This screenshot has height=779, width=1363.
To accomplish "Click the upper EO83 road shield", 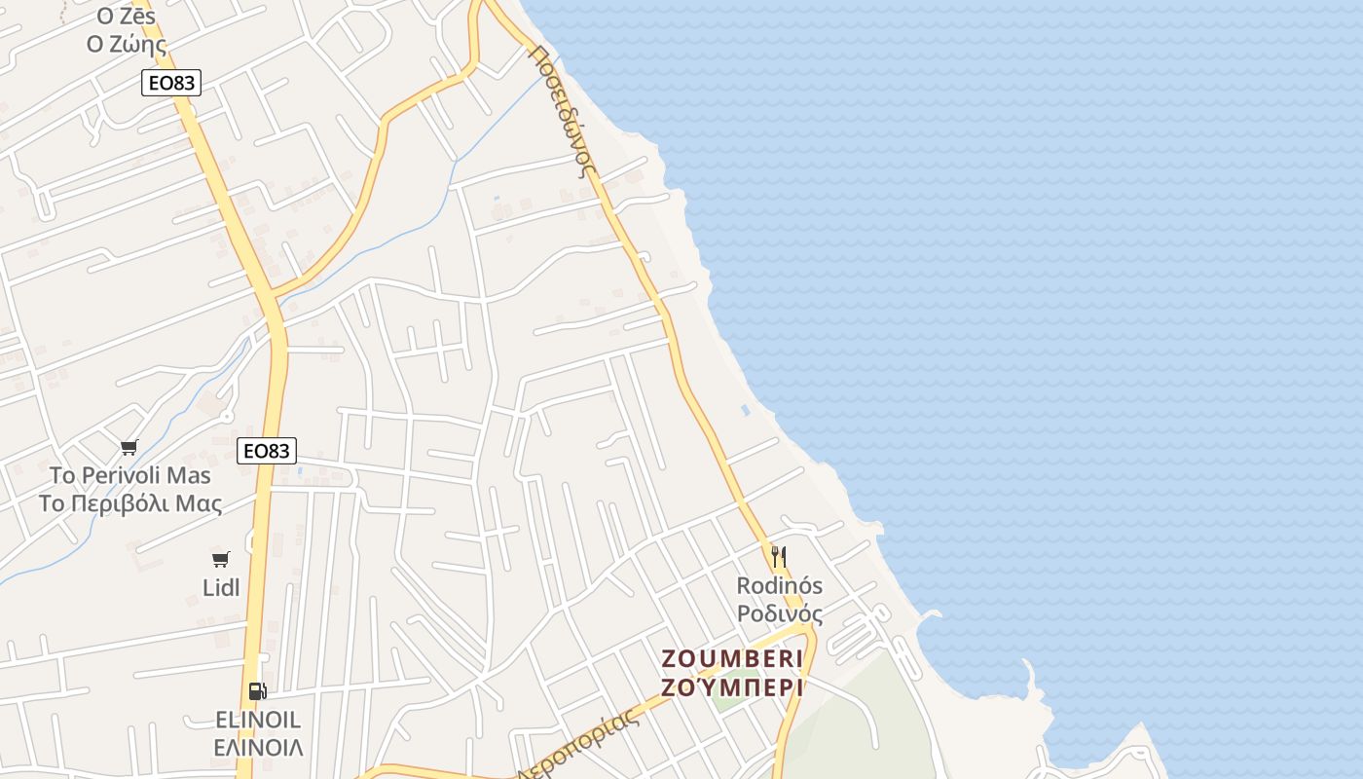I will [171, 83].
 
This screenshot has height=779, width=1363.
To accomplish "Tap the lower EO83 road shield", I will [266, 451].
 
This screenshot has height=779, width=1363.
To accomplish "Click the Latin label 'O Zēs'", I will [127, 17].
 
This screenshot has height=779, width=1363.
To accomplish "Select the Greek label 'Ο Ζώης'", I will [127, 44].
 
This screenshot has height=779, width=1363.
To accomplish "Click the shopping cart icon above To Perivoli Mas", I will [129, 447].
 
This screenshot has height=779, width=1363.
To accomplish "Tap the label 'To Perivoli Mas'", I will [130, 475].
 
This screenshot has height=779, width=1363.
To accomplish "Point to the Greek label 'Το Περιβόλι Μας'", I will [130, 503].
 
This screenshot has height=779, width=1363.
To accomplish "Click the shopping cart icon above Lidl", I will [221, 559].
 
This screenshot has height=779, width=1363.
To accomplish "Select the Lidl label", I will [221, 587].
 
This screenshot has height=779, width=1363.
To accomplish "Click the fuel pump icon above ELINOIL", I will [257, 691].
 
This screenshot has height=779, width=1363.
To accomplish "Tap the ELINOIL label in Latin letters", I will [258, 721].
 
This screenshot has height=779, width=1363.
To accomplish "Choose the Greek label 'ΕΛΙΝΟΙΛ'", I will [258, 748].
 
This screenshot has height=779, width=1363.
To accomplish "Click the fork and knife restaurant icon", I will [779, 557].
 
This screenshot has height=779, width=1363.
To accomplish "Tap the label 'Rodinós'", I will [779, 585].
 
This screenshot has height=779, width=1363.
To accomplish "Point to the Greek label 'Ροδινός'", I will [779, 613].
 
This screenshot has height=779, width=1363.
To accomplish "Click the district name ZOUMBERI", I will [732, 657].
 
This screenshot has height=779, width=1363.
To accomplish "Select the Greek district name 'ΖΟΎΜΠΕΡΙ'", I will [732, 687].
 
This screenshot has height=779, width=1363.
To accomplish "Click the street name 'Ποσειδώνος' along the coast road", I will [562, 107].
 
